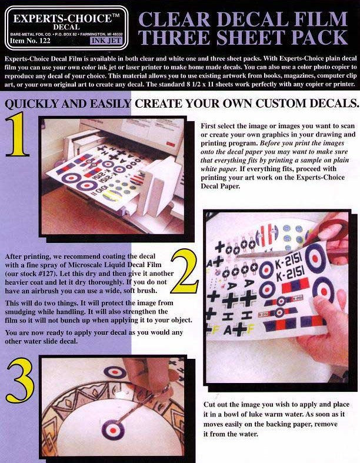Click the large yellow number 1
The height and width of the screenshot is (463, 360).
point(18,134)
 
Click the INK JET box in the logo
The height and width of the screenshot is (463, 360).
point(106,41)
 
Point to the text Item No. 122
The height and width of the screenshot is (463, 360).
point(31,41)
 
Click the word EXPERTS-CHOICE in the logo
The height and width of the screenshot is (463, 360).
point(62,19)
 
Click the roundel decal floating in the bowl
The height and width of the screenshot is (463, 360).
point(113,428)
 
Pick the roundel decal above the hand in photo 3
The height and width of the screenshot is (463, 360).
point(115,372)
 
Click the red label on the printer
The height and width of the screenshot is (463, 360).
point(170,144)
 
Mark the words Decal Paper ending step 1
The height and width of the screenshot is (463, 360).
point(221,186)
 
